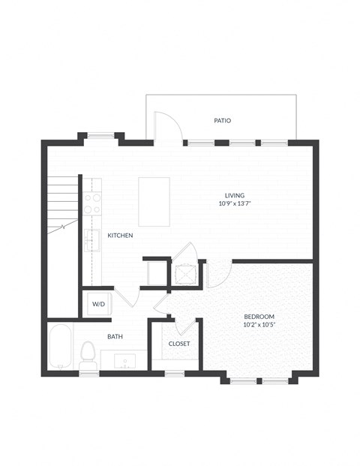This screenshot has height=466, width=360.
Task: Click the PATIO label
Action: point(222,120)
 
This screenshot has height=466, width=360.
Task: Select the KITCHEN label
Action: point(120,236)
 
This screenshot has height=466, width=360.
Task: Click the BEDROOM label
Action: point(259,316)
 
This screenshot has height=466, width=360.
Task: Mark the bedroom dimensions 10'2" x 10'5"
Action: point(259,324)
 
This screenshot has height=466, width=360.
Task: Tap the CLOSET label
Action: point(178,344)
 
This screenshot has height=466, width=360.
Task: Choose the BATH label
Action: point(115,337)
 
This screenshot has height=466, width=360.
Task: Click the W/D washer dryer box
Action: point(98,304)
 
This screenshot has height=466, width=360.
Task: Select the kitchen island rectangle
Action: point(154,201)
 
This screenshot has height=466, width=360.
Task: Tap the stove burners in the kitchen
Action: point(92,204)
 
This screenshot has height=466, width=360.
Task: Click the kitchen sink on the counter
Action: point(91,240)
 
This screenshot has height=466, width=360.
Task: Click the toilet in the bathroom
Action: point(88,354)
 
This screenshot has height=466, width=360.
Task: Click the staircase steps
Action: point(63,203)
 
